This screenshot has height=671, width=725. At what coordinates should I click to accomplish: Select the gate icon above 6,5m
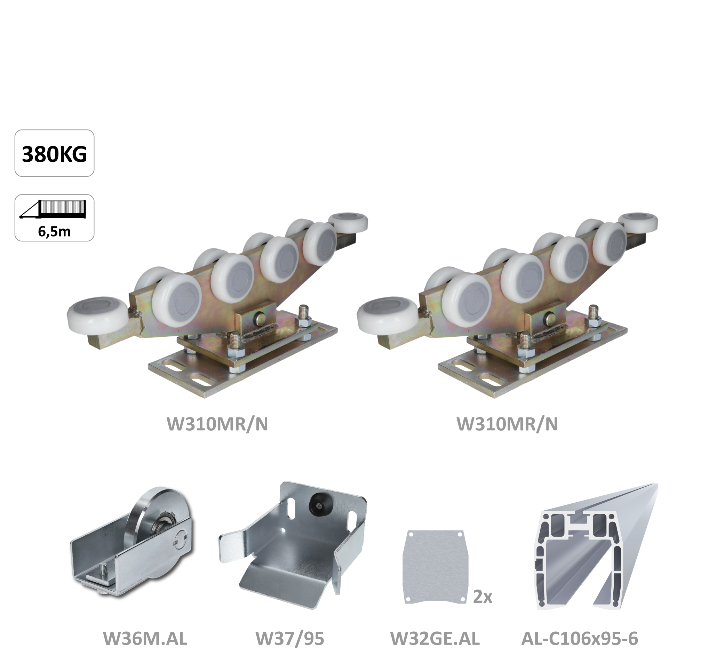pyautogui.click(x=53, y=209)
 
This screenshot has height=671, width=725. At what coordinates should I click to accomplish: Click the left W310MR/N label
pyautogui.click(x=217, y=424)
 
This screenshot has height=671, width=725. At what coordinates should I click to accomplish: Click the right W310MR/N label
pyautogui.click(x=507, y=424)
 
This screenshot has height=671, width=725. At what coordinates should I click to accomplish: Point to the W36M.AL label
pyautogui.click(x=145, y=639)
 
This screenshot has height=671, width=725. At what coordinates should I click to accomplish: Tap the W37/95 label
pyautogui.click(x=290, y=639)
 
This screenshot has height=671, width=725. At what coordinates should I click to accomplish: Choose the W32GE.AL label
pyautogui.click(x=435, y=639)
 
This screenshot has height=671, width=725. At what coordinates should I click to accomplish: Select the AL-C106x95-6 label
pyautogui.click(x=580, y=639)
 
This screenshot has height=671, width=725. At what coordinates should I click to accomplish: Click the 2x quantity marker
pyautogui.click(x=483, y=597)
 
